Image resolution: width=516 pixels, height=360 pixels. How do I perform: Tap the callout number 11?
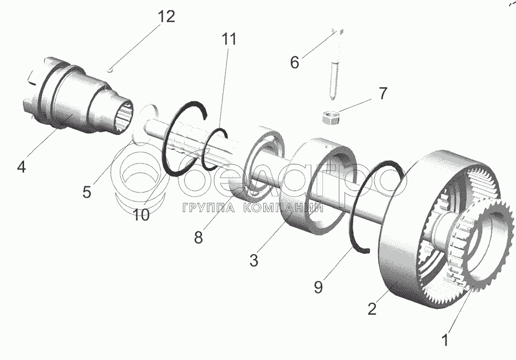coord(229,40)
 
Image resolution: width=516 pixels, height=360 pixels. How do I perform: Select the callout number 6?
coord(294,62)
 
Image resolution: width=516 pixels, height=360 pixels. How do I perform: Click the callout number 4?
coord(21,167)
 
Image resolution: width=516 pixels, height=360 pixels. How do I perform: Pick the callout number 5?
coord(86,192)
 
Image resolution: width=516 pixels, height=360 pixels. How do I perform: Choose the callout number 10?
coord(140,214)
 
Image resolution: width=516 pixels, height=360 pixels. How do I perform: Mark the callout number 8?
coord(198,237)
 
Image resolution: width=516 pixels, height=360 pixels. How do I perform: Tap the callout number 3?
coord(254,260)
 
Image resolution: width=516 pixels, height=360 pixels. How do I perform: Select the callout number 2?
coord(372,310)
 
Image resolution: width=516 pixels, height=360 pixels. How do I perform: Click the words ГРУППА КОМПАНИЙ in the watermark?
coord(251,208)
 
